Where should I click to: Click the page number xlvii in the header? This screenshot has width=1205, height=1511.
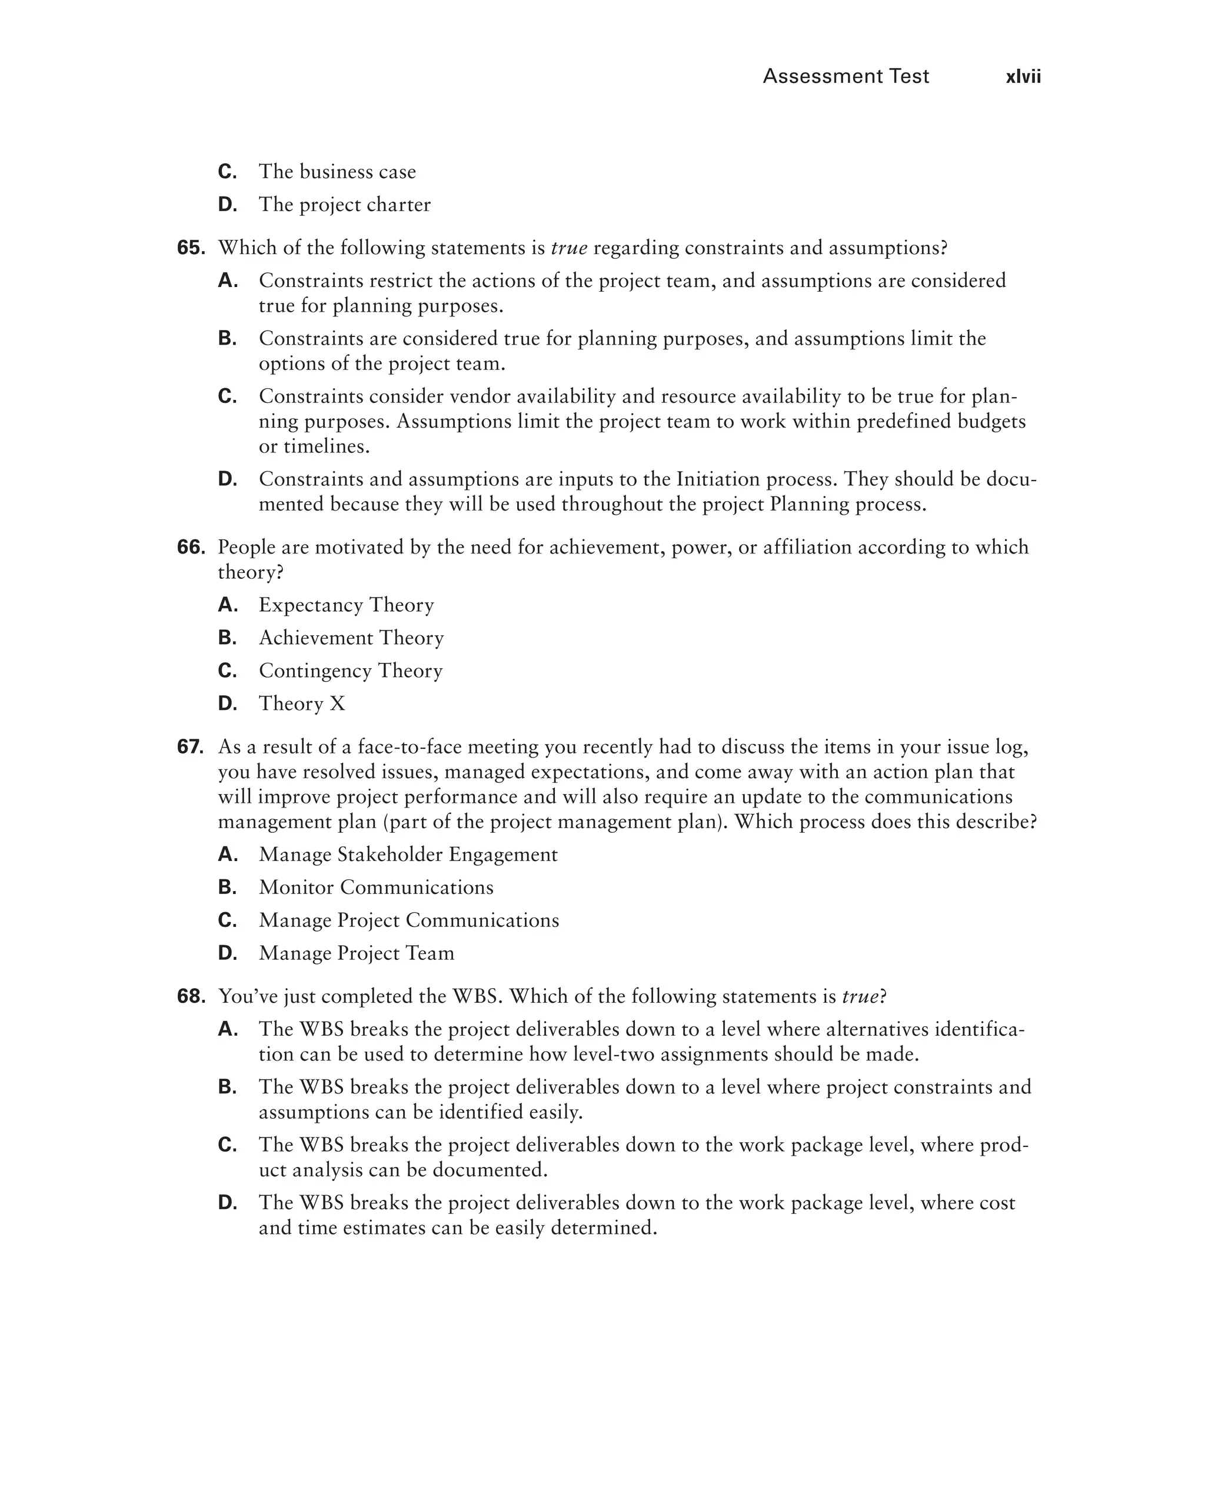point(1023,76)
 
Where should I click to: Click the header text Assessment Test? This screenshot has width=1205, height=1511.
point(846,76)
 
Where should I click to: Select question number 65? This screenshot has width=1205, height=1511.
point(191,248)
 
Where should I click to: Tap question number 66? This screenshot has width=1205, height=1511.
point(191,548)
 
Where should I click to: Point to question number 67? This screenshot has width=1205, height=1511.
point(191,747)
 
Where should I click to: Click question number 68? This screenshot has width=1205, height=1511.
point(191,996)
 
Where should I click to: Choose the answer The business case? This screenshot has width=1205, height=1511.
point(337,172)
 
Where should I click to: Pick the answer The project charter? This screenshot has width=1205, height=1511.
point(344,205)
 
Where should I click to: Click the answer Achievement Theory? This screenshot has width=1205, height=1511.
point(351,638)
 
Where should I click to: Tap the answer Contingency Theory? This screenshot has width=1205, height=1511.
point(350,671)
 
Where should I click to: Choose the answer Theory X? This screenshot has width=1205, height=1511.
point(301,703)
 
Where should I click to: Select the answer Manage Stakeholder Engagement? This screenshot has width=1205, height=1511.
point(408,855)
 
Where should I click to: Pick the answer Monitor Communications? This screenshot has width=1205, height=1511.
point(376,888)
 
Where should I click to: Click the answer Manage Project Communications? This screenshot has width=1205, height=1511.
point(409,920)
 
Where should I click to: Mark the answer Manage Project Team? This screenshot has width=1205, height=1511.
point(356,953)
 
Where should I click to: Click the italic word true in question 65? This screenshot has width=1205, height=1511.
point(568,248)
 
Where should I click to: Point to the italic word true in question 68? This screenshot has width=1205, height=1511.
point(860,996)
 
